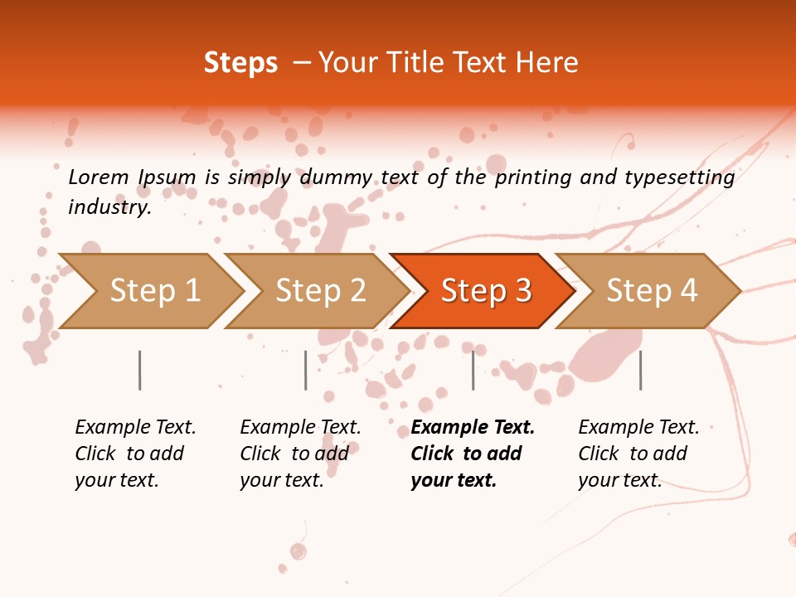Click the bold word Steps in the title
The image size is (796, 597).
point(240,63)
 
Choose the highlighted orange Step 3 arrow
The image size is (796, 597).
point(486,291)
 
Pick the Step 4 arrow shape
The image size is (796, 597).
point(652,291)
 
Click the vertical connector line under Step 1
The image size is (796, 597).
point(140,370)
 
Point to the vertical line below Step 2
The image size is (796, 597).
point(306,370)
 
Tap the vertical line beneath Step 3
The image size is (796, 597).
point(473,370)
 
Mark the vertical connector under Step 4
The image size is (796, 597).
point(640,370)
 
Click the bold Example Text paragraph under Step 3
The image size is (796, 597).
point(472,454)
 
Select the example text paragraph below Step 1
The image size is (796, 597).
point(135,454)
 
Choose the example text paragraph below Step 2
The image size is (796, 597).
point(300,454)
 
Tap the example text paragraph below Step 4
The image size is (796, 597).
point(638,454)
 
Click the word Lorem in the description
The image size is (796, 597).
point(99,177)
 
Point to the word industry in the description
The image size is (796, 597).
point(109,207)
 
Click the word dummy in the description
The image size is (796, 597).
point(336,177)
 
